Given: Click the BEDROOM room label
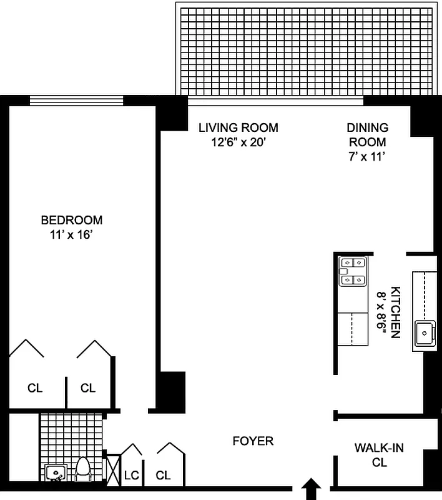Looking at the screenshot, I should click(72, 220).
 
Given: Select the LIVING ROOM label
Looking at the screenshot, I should click(238, 127).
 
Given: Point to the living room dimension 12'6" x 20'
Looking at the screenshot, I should click(238, 142).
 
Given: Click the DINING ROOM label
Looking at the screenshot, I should click(367, 134).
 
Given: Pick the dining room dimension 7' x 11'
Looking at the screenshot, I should click(367, 157).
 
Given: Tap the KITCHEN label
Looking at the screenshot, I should click(395, 312).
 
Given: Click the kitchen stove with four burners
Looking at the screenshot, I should click(351, 272).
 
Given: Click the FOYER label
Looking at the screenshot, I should click(253, 441).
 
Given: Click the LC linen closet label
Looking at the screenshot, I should click(131, 475).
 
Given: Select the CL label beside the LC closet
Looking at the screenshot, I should click(163, 475).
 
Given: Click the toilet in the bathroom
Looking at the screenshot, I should click(83, 469).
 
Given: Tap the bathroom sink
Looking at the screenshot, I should click(56, 472).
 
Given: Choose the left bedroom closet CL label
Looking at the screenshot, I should click(35, 387).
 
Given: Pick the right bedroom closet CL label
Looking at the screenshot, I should click(88, 387).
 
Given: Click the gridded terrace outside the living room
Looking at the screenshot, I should click(305, 50).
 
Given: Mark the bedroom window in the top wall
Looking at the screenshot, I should click(76, 99).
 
